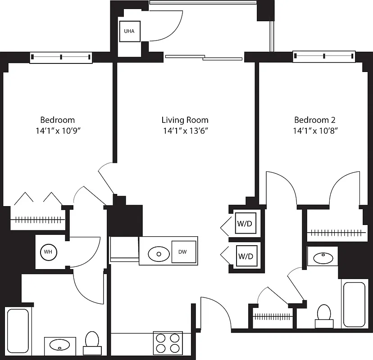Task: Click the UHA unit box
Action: coord(129,31)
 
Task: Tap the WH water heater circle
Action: coord(48,252)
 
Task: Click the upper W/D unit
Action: coord(245,224)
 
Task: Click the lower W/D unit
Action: coord(245,257)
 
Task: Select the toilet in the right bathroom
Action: coord(324,315)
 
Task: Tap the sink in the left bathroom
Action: coord(59,345)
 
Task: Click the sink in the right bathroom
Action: coord(323,258)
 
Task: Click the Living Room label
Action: coord(185,120)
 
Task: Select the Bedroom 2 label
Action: coord(314,120)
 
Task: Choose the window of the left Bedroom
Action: coord(61,57)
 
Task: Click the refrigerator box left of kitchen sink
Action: coord(124,248)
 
